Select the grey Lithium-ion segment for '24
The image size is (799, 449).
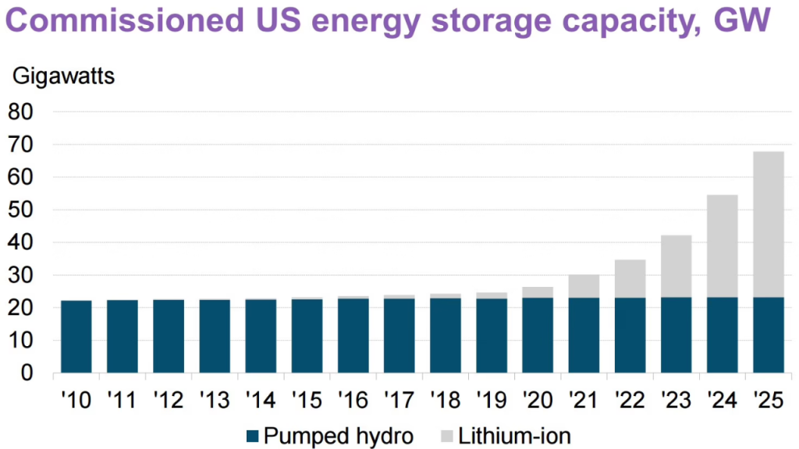(x=723, y=246)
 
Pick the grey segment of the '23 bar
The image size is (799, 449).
(x=676, y=266)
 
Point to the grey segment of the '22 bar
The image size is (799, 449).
(x=630, y=278)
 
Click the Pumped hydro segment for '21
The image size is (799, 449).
(x=584, y=335)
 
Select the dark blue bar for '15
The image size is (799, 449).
(x=307, y=336)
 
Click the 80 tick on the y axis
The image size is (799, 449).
(x=24, y=112)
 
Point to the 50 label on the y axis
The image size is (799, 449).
(x=24, y=210)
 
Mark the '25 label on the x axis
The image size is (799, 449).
(x=766, y=401)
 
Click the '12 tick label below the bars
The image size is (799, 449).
(x=168, y=401)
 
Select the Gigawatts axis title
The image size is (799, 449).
(x=62, y=78)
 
